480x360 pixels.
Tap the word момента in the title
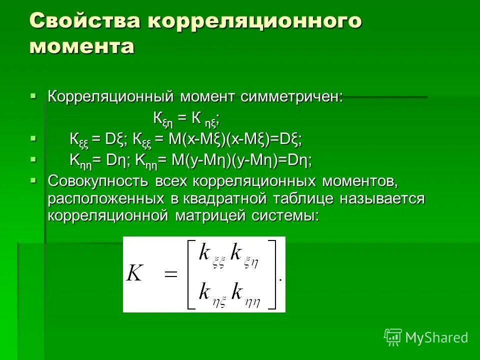tap(82, 46)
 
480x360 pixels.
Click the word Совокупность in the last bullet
tap(98, 180)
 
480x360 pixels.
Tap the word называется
tap(382, 198)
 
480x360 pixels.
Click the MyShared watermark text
tap(436, 337)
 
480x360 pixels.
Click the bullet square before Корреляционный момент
tap(33, 94)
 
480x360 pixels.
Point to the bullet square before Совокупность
tap(33, 178)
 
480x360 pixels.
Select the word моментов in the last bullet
tap(360, 180)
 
